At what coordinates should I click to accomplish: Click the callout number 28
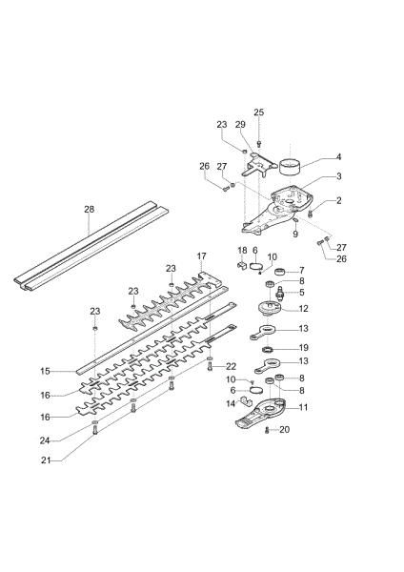tap(89, 210)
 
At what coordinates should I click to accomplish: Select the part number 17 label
tap(201, 256)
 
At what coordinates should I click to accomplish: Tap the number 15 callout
tap(44, 371)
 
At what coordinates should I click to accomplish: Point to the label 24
tap(44, 439)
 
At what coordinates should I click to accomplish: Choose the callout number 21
tap(44, 463)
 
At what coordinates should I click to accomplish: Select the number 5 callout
tap(302, 293)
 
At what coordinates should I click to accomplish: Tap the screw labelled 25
tap(259, 143)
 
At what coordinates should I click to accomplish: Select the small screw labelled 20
tap(270, 431)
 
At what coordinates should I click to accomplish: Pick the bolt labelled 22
tap(210, 367)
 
